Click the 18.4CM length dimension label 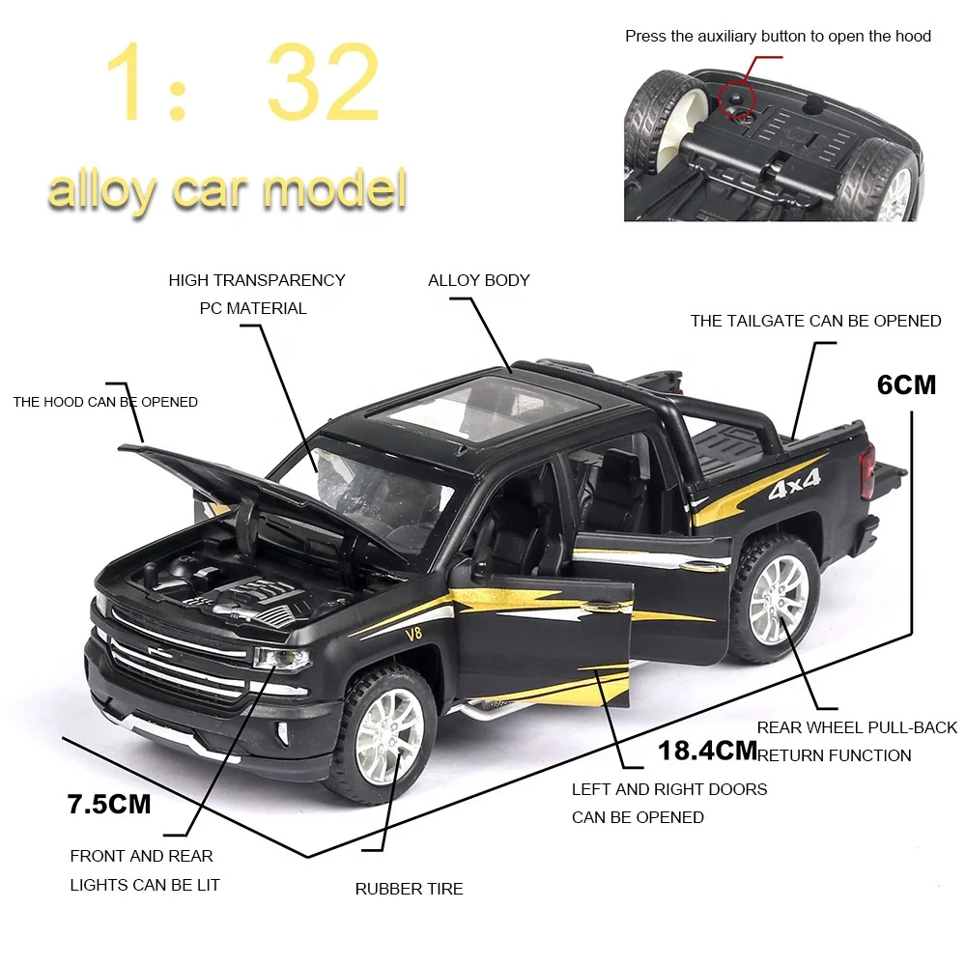(x=707, y=750)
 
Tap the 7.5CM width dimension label (x=109, y=804)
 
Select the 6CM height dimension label (x=906, y=384)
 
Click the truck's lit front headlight (x=281, y=660)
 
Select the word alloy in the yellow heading (x=101, y=189)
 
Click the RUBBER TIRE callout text (x=409, y=889)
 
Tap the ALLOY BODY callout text (x=479, y=280)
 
